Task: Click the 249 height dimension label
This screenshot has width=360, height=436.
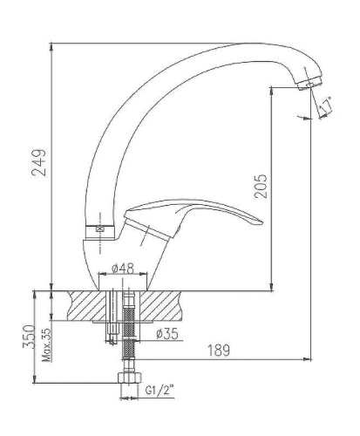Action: coord(39,163)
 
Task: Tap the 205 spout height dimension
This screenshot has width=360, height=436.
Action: coord(261,186)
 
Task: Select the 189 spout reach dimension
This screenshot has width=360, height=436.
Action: coord(219,351)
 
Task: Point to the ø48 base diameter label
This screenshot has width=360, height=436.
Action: coord(123,269)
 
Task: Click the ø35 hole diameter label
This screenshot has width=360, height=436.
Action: coord(167,334)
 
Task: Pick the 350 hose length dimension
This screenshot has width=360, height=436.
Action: coord(29,337)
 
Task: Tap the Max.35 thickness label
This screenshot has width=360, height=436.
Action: coord(46,344)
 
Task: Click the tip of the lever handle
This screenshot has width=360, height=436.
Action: coord(262,223)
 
